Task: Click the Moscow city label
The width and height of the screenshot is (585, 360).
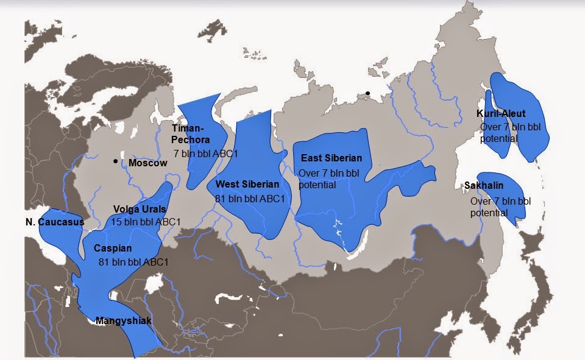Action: tap(147, 163)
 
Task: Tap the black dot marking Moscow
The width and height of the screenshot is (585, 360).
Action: tap(115, 161)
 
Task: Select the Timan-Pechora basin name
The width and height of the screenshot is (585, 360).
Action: tap(189, 134)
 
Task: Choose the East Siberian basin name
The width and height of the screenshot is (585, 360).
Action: tap(331, 158)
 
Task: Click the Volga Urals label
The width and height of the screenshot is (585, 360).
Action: tap(140, 209)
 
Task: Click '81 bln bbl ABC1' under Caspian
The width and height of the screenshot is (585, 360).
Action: tap(133, 262)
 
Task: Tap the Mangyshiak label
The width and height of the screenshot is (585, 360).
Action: tap(124, 320)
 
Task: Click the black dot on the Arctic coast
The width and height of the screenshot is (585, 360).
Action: tap(367, 93)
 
